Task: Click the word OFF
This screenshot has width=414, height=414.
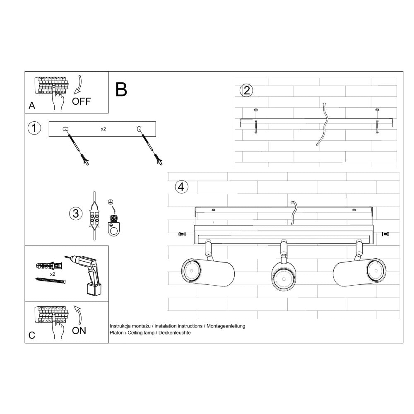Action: tap(81, 101)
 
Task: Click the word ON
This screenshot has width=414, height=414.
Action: tap(79, 330)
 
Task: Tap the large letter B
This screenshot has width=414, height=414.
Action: tap(121, 89)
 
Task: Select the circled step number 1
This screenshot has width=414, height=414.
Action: tap(34, 128)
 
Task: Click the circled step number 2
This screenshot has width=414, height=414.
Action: tap(247, 90)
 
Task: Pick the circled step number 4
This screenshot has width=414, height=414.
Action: tap(180, 187)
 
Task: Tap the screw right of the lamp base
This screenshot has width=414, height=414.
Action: tap(385, 235)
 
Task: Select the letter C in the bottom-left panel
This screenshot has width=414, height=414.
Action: tap(32, 335)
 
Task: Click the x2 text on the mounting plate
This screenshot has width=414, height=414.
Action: tap(103, 129)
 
